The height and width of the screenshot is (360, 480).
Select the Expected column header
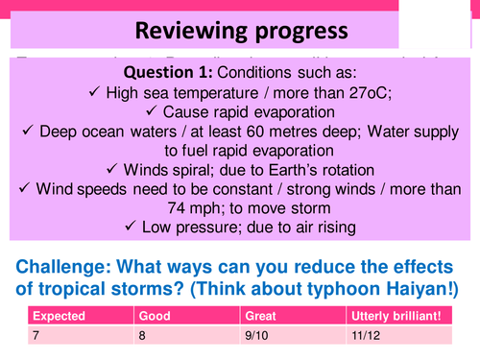60,315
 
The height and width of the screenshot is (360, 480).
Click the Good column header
156,315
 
